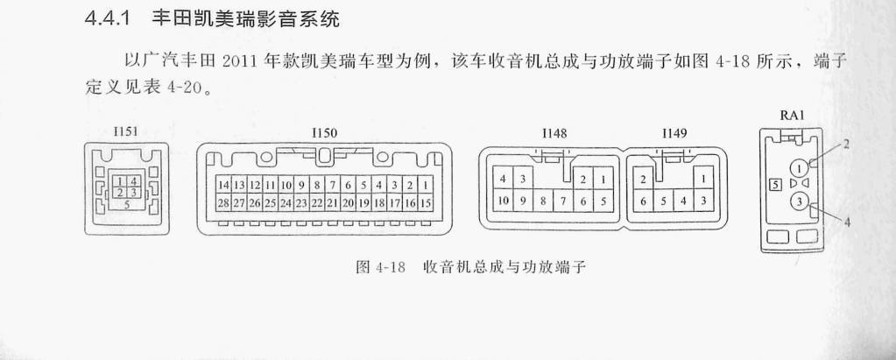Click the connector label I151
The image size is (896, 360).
pyautogui.click(x=126, y=132)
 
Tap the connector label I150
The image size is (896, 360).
pyautogui.click(x=325, y=133)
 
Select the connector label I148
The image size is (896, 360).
pyautogui.click(x=554, y=134)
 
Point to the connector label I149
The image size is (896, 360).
pyautogui.click(x=674, y=134)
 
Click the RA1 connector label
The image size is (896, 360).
pyautogui.click(x=792, y=116)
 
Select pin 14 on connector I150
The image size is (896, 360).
pyautogui.click(x=223, y=185)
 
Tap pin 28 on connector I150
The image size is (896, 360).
pyautogui.click(x=223, y=203)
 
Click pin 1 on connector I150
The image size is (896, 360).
pyautogui.click(x=425, y=185)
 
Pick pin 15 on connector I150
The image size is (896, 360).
pyautogui.click(x=425, y=203)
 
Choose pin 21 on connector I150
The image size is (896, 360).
pyautogui.click(x=332, y=203)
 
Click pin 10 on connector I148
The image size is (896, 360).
pyautogui.click(x=503, y=201)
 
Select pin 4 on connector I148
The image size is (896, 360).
pyautogui.click(x=503, y=179)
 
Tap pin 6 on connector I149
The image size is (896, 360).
pyautogui.click(x=643, y=201)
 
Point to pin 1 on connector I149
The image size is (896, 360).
pyautogui.click(x=703, y=179)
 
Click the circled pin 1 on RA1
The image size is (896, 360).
pyautogui.click(x=800, y=168)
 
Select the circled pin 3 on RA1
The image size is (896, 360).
pyautogui.click(x=800, y=201)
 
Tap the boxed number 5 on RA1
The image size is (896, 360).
pyautogui.click(x=775, y=185)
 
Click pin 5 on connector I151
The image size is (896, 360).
pyautogui.click(x=127, y=203)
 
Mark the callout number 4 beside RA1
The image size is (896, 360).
pyautogui.click(x=847, y=222)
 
